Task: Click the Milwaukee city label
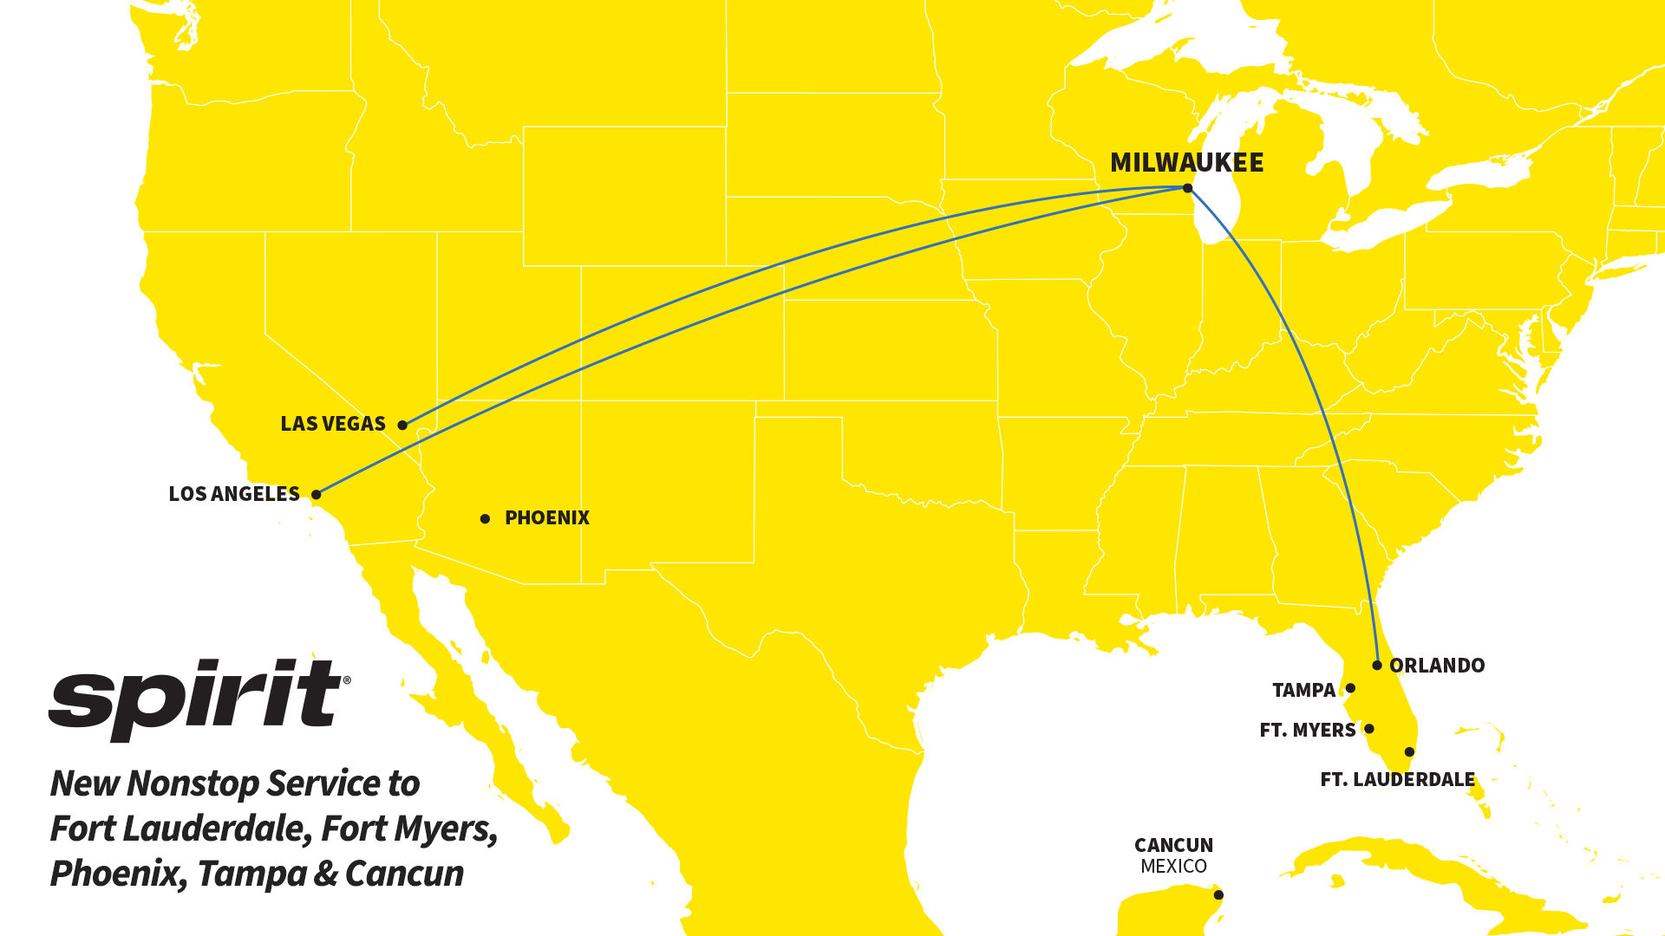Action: pyautogui.click(x=1186, y=163)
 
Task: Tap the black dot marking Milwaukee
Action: pyautogui.click(x=1187, y=188)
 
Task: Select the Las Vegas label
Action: pyautogui.click(x=333, y=424)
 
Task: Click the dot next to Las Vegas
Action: pyautogui.click(x=402, y=425)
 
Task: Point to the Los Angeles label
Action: pyautogui.click(x=234, y=494)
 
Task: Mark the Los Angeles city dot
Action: pyautogui.click(x=317, y=494)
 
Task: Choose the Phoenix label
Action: pyautogui.click(x=547, y=518)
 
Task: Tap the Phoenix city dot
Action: pyautogui.click(x=486, y=518)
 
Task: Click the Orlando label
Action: pyautogui.click(x=1437, y=666)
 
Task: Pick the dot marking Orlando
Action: pyautogui.click(x=1377, y=666)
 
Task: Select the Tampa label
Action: pyautogui.click(x=1303, y=691)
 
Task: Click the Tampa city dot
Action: pyautogui.click(x=1350, y=688)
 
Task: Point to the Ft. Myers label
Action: pyautogui.click(x=1308, y=731)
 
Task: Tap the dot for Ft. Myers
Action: pyautogui.click(x=1369, y=729)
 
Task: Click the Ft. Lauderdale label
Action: pyautogui.click(x=1397, y=780)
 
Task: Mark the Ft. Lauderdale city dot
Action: pyautogui.click(x=1409, y=751)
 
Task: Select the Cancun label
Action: pyautogui.click(x=1173, y=845)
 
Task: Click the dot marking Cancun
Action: pyautogui.click(x=1218, y=895)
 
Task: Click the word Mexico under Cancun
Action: pyautogui.click(x=1173, y=867)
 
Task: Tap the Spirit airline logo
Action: pyautogui.click(x=199, y=698)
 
